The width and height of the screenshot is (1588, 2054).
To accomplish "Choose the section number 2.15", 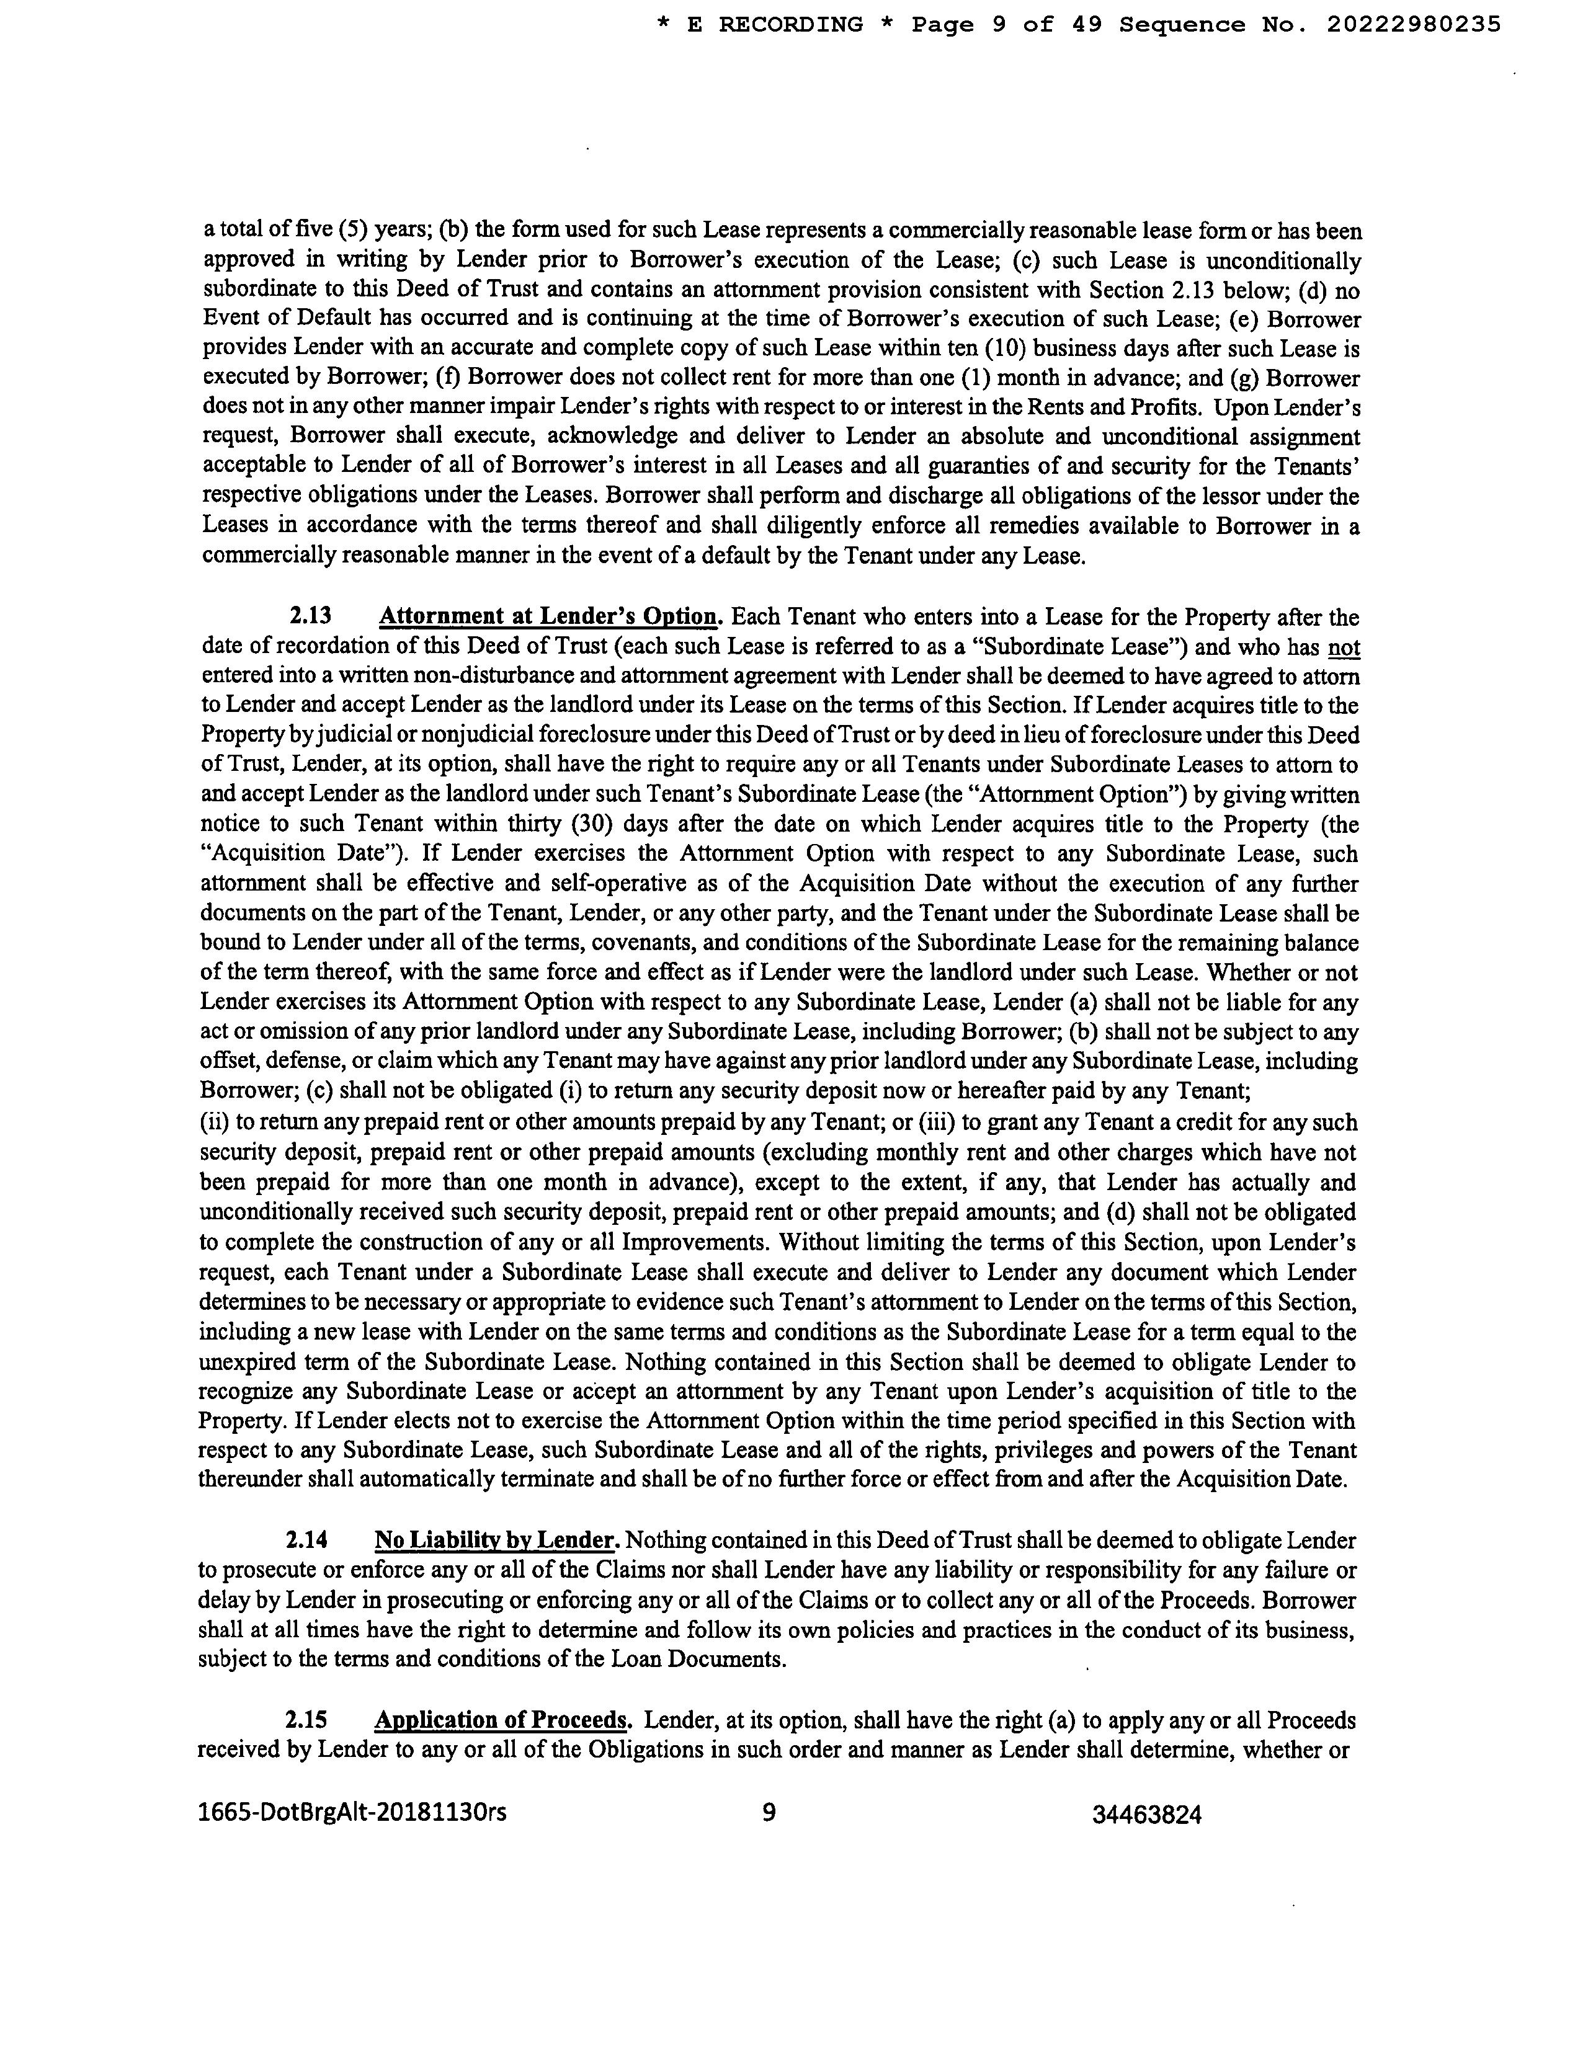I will pos(306,1720).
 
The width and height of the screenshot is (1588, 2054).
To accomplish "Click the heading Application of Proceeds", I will pos(501,1720).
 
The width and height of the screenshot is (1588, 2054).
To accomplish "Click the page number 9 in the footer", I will pos(769,1812).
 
